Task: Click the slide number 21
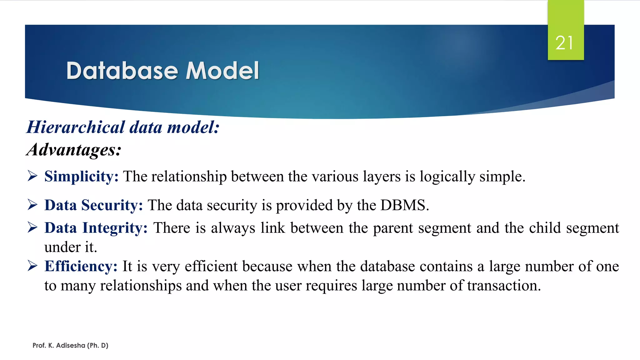(564, 43)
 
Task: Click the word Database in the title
(122, 71)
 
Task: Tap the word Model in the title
(222, 71)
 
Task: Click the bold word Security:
(112, 205)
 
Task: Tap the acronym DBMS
(404, 205)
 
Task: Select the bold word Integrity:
(115, 228)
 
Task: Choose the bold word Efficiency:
(81, 266)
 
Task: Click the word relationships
(141, 286)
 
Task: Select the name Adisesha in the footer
(71, 345)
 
